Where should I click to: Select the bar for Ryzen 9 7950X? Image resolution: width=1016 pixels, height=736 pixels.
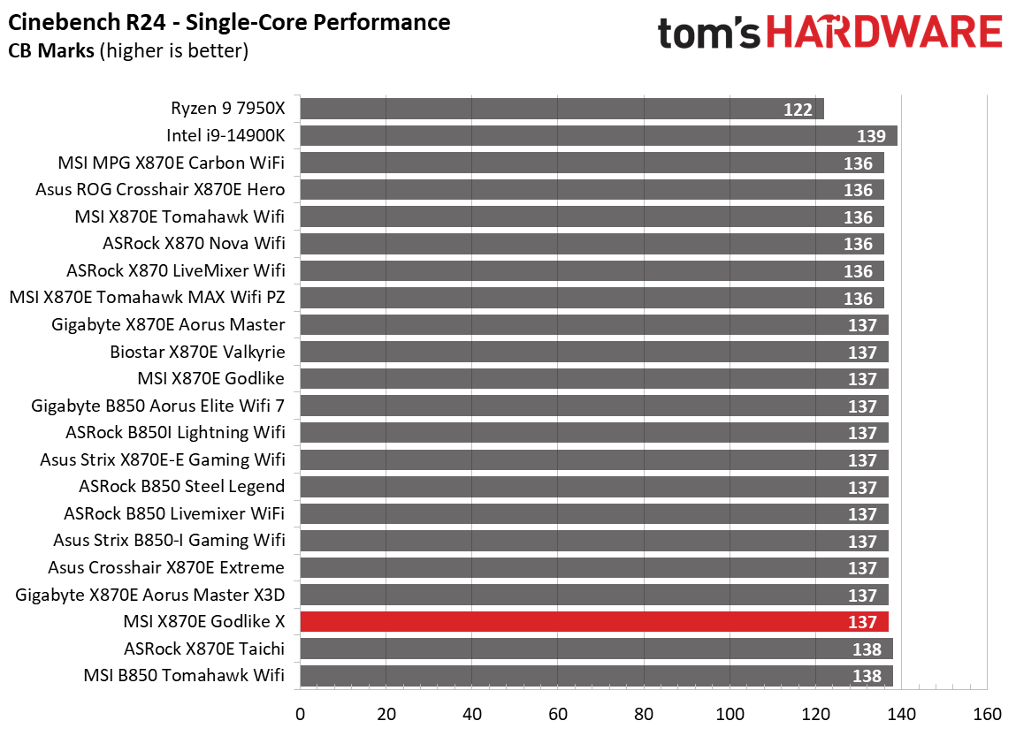click(561, 109)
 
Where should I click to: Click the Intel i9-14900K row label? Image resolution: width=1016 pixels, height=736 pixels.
click(225, 135)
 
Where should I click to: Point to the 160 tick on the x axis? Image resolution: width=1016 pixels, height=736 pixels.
click(987, 714)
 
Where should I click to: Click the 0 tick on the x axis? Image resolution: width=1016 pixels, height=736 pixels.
click(301, 714)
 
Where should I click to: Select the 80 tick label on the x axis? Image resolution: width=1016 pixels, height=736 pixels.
click(644, 714)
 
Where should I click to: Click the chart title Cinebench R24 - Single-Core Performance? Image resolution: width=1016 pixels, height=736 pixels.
click(229, 22)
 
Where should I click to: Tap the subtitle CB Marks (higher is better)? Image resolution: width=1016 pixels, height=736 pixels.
click(128, 50)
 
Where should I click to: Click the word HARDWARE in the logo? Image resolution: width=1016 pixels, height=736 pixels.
click(884, 34)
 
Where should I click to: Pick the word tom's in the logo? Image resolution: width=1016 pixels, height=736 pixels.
click(709, 34)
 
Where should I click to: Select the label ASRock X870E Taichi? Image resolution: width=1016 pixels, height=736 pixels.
click(204, 649)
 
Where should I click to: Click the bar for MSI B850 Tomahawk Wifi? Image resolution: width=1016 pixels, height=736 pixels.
click(596, 676)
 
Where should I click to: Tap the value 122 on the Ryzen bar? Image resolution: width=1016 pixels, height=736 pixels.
click(798, 110)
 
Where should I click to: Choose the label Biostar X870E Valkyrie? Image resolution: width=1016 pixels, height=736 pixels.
click(197, 352)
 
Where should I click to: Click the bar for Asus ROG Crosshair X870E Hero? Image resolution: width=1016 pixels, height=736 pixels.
click(592, 190)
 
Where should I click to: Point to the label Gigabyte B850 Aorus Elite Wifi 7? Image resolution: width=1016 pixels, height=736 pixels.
click(158, 406)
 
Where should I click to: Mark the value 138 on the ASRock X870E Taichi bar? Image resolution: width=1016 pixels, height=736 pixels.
click(867, 649)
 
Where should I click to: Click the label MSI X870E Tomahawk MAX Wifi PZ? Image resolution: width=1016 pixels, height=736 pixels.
click(147, 298)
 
